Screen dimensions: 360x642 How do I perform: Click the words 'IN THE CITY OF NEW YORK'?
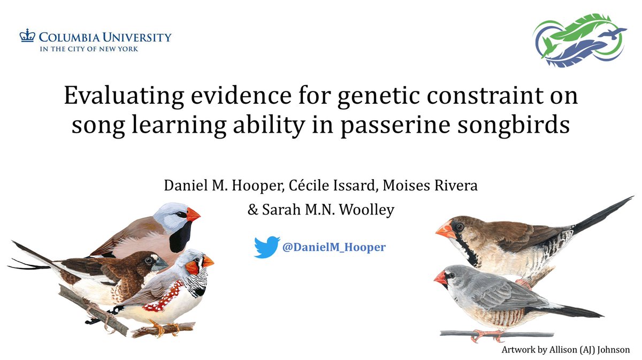click(x=88, y=49)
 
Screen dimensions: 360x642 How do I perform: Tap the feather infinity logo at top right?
click(x=578, y=41)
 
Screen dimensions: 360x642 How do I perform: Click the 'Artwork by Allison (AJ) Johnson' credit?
click(x=566, y=349)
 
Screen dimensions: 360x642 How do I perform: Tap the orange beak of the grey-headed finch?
click(x=193, y=215)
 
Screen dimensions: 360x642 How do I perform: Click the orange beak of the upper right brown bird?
click(x=445, y=230)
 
